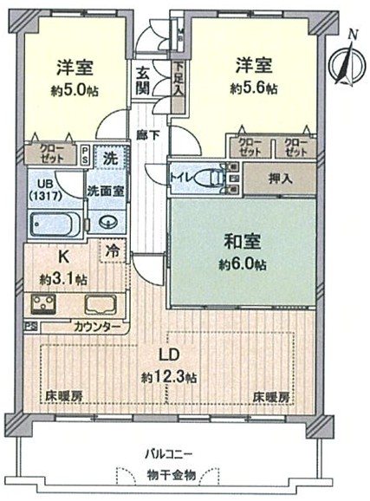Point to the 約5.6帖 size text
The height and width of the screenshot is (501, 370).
[x=254, y=88]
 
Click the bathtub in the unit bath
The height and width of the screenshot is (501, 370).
[x=53, y=225]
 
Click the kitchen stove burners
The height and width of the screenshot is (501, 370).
[x=44, y=303]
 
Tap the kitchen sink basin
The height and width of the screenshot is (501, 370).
[x=102, y=305]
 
